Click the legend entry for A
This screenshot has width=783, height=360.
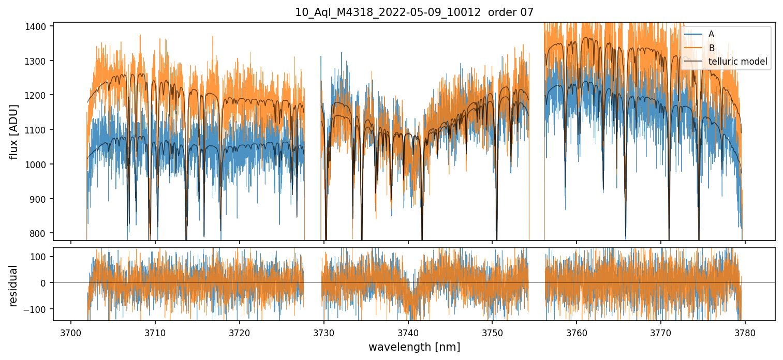[x=711, y=34]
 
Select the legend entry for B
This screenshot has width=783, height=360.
[x=712, y=48]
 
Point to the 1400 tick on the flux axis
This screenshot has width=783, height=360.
[x=39, y=26]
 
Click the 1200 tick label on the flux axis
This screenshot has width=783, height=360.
[x=39, y=95]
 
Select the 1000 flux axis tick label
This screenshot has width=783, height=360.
[x=39, y=164]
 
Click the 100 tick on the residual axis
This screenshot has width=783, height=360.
[x=41, y=257]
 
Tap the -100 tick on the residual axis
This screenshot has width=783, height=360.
[x=39, y=309]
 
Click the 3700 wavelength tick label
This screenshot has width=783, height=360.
[x=71, y=332]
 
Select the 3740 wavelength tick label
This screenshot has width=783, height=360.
[x=408, y=332]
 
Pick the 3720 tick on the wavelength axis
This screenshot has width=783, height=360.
[x=240, y=332]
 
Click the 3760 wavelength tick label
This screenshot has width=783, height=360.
[x=577, y=332]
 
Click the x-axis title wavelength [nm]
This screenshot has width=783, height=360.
[x=414, y=347]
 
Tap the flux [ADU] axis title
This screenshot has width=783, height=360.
[x=14, y=131]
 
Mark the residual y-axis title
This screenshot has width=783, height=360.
[x=14, y=286]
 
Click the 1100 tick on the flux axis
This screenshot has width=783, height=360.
[x=39, y=130]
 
